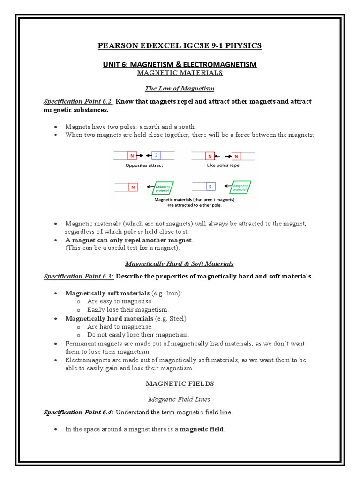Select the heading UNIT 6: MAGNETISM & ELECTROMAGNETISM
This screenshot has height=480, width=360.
point(180,64)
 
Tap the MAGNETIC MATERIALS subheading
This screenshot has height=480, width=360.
point(180,73)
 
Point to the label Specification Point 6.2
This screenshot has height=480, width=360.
point(78,101)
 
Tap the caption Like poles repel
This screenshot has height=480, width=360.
point(223,165)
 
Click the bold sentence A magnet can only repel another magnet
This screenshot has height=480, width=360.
point(129,240)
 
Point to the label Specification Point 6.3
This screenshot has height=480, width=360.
point(78,276)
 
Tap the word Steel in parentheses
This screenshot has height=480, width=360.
point(178,318)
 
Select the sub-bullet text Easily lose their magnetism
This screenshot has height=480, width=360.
point(128,310)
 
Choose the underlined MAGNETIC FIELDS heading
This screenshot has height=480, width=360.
point(180,383)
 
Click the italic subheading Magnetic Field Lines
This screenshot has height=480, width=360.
point(180,399)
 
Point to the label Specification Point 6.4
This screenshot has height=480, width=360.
point(78,412)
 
